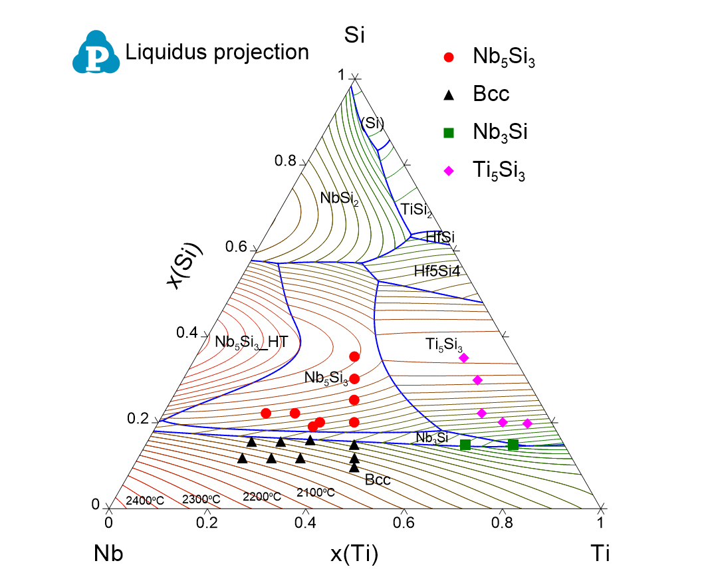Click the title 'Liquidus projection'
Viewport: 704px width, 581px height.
point(217,52)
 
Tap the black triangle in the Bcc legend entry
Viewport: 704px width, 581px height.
point(449,95)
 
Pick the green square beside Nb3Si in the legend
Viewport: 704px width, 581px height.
point(449,133)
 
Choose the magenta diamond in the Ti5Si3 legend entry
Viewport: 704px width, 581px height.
point(449,171)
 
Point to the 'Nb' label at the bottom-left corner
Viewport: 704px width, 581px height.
point(108,553)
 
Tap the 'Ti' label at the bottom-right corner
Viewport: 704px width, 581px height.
point(600,553)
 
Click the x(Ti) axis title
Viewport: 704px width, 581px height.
point(354,553)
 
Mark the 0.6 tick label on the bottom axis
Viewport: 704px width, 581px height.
point(403,523)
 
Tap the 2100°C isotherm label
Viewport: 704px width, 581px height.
point(315,493)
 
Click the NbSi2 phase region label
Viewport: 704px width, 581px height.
point(339,198)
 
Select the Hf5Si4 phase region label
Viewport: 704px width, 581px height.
point(437,271)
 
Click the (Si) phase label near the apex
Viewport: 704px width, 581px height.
point(372,122)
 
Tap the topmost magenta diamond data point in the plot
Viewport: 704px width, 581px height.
point(464,358)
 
